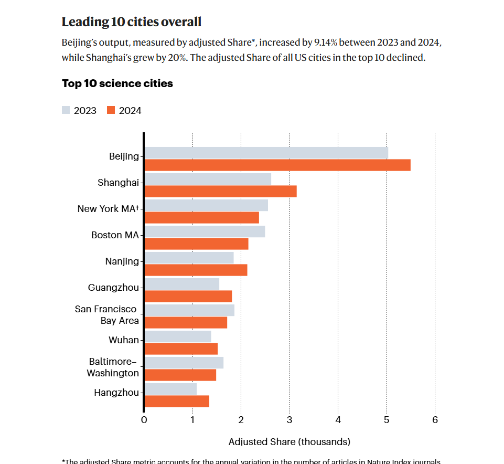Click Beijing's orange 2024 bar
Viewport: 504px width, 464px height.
click(x=277, y=165)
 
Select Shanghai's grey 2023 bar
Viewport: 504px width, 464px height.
click(x=208, y=179)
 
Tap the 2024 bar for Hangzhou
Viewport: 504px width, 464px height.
click(x=177, y=401)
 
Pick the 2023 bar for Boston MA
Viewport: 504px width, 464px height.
click(x=205, y=231)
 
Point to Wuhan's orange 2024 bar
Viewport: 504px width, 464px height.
click(x=181, y=349)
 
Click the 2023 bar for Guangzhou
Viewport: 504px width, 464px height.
click(x=181, y=284)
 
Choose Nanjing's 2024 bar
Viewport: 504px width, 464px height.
click(x=196, y=270)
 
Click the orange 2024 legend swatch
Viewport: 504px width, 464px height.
click(x=111, y=110)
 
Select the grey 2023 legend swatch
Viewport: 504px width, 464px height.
click(x=66, y=110)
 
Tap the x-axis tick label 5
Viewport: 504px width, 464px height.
click(x=387, y=420)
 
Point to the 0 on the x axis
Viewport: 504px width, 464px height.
click(x=144, y=420)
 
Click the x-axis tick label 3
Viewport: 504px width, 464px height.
click(x=289, y=420)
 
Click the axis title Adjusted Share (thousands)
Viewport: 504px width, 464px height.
click(x=289, y=441)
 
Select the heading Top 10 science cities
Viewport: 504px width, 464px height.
click(x=117, y=83)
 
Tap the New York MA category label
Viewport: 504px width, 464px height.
click(x=108, y=209)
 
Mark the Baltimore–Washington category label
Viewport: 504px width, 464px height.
click(x=112, y=367)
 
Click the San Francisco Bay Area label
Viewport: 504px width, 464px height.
click(x=106, y=315)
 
